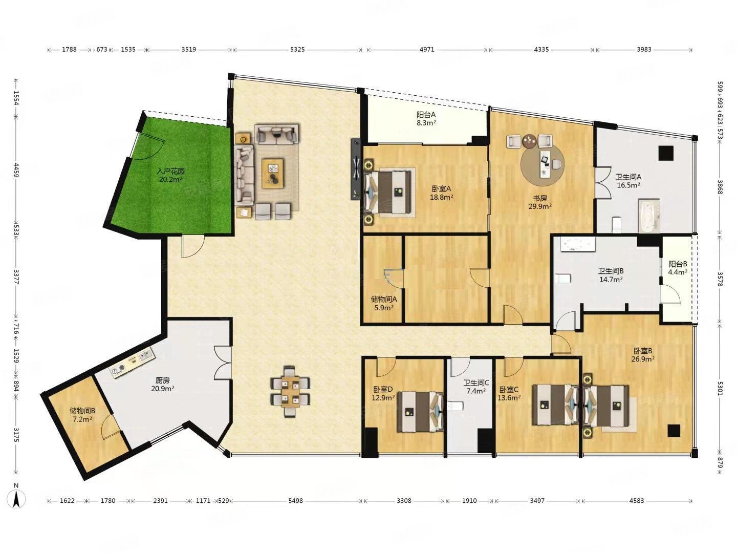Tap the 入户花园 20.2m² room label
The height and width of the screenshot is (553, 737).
(x=171, y=175)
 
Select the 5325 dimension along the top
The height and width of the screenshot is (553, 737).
(x=297, y=50)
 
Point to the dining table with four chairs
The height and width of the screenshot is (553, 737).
(x=290, y=392)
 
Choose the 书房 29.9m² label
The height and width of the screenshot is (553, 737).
(x=540, y=202)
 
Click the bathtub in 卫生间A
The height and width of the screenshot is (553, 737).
(x=648, y=216)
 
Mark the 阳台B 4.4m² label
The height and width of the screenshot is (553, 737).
(x=678, y=268)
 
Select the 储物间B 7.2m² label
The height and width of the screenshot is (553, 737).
(x=82, y=415)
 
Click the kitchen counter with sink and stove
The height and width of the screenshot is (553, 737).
(x=132, y=364)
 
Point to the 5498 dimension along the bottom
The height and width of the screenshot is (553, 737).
(x=295, y=501)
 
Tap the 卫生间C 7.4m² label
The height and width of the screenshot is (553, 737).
(x=476, y=387)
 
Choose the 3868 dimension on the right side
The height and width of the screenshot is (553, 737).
(x=720, y=187)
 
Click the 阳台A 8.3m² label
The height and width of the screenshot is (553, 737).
(x=426, y=118)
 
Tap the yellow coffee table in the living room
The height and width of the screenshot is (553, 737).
(x=273, y=173)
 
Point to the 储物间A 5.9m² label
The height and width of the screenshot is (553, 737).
(x=384, y=303)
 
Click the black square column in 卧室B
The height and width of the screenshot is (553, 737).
(x=674, y=431)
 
